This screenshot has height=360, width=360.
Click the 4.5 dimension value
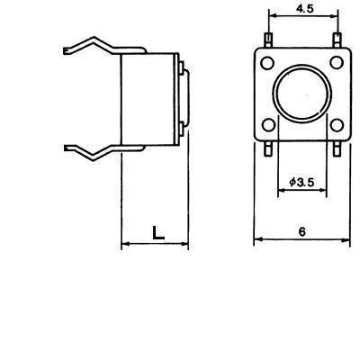pyautogui.click(x=304, y=9)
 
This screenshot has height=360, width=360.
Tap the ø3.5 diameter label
pyautogui.click(x=301, y=182)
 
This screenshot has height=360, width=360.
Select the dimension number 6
pyautogui.click(x=302, y=231)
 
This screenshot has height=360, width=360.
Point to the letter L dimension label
pyautogui.click(x=158, y=233)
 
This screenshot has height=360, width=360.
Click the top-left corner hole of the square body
pyautogui.click(x=267, y=63)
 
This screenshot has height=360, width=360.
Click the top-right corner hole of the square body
pyautogui.click(x=337, y=62)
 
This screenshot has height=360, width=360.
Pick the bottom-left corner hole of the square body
pyautogui.click(x=268, y=125)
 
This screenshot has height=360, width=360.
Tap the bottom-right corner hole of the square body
pyautogui.click(x=337, y=125)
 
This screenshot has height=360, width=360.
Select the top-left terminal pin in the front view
pyautogui.click(x=268, y=40)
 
